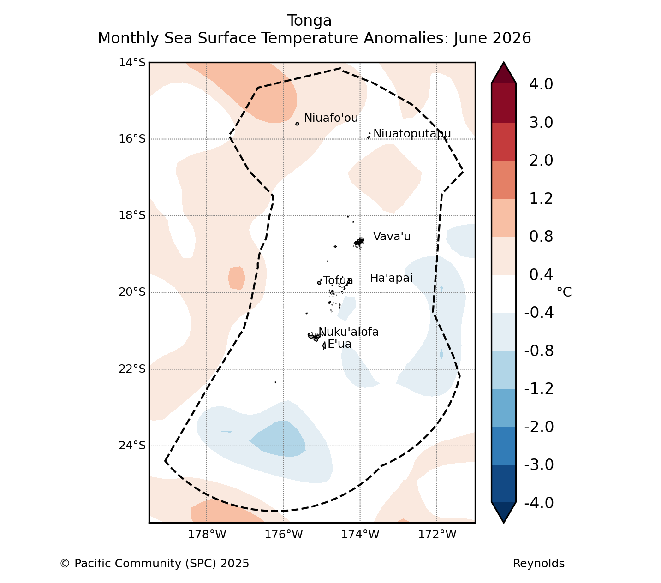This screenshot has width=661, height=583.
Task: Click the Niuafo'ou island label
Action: point(331,118)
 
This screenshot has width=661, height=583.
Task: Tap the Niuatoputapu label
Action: point(412,134)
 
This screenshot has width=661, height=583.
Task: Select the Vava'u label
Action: point(392,237)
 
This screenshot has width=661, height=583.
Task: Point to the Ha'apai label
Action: point(391,278)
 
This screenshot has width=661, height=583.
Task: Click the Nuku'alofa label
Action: point(348,332)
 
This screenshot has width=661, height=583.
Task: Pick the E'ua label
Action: point(339,344)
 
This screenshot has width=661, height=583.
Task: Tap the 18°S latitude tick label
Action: point(132,215)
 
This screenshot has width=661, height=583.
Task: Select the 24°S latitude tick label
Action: point(132,446)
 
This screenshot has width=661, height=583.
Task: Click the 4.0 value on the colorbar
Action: point(541,84)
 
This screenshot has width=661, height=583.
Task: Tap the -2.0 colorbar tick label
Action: point(539,427)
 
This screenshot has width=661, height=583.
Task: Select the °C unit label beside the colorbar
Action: point(564,292)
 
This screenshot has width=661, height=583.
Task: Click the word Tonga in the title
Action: point(310,21)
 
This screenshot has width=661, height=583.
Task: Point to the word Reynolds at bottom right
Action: point(539,564)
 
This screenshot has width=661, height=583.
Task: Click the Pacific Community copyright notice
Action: point(155,564)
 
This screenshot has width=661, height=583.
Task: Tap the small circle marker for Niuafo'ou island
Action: point(297,124)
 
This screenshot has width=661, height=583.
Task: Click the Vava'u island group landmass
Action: point(359,242)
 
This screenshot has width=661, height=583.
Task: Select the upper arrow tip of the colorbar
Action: point(504,62)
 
